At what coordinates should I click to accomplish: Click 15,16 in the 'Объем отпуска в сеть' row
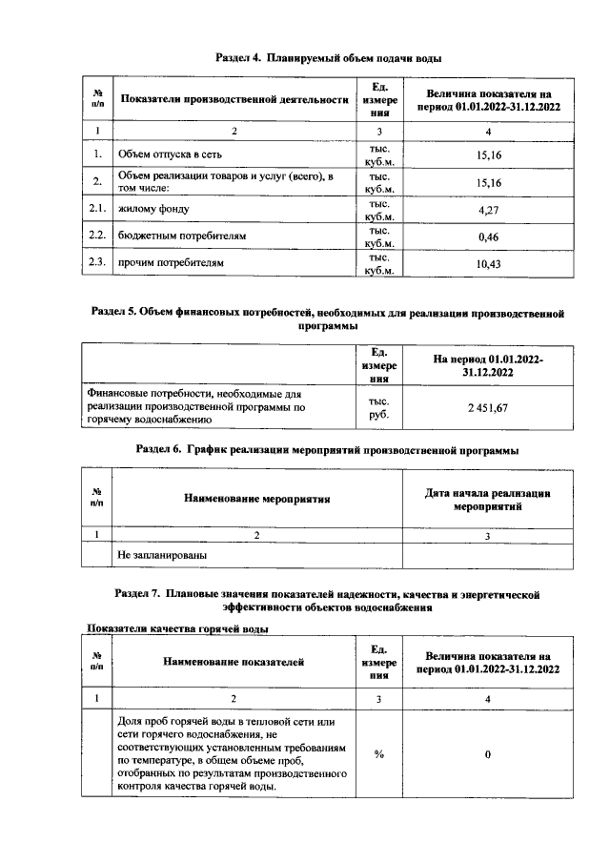tap(488, 154)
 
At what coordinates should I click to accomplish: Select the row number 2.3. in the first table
tap(95, 262)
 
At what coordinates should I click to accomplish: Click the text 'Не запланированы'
tap(162, 553)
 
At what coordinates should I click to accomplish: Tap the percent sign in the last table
tap(378, 754)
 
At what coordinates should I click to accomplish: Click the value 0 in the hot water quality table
tap(488, 754)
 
